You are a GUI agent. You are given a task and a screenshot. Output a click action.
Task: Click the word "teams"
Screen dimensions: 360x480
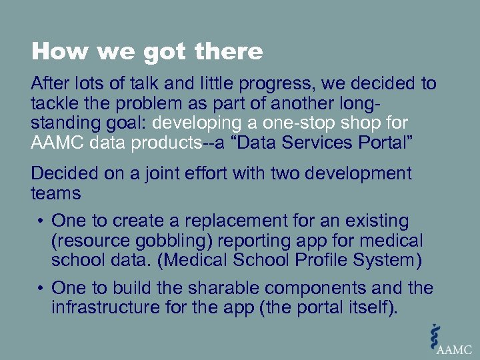pyautogui.click(x=55, y=193)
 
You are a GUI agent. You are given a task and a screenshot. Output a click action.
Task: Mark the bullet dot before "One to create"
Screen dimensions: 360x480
pyautogui.click(x=41, y=221)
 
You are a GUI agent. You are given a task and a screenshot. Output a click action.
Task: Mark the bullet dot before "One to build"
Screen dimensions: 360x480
pyautogui.click(x=41, y=289)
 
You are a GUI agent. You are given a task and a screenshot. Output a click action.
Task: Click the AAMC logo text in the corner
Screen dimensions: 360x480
pyautogui.click(x=453, y=349)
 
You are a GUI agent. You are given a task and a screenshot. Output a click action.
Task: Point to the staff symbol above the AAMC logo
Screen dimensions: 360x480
pyautogui.click(x=436, y=333)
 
